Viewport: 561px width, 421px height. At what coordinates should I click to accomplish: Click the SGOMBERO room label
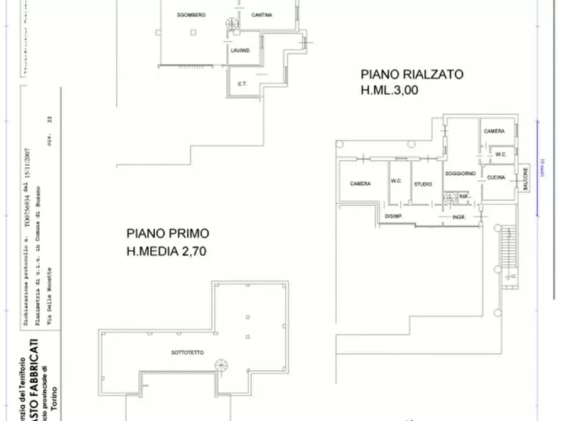(191, 14)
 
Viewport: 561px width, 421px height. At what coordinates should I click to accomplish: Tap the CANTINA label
(261, 15)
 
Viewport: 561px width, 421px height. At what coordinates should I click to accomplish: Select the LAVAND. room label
(241, 50)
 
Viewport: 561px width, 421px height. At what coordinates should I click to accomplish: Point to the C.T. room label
(241, 84)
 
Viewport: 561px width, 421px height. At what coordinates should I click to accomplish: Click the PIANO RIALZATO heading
(411, 74)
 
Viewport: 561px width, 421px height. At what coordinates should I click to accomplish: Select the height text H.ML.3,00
(389, 90)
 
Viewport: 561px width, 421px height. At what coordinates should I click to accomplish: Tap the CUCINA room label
(496, 178)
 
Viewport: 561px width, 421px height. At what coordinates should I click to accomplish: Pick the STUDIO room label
(422, 184)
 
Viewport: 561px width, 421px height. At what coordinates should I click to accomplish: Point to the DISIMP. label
(393, 217)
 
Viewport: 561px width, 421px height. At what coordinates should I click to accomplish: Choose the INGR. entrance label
(458, 217)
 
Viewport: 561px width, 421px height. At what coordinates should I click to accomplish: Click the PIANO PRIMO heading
(168, 234)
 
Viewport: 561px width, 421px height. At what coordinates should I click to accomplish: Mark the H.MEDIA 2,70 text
(166, 251)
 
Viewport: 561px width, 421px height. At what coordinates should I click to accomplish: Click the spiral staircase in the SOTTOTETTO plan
(221, 365)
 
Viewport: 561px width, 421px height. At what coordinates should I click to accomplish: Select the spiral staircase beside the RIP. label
(449, 199)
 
